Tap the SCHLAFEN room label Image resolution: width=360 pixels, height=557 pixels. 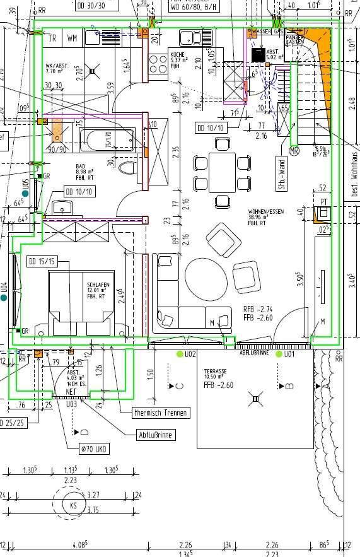coord(98,285)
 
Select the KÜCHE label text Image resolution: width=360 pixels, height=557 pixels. coord(176,56)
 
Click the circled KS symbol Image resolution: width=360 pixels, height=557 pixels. coord(74,506)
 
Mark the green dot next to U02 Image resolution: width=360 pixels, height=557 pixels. coord(180,355)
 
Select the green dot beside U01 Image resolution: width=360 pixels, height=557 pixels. coord(278,355)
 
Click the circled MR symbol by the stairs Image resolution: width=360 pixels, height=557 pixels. coord(293,151)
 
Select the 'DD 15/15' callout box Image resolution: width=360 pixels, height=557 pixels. coord(42,261)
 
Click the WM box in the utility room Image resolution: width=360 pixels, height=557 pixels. coord(73,38)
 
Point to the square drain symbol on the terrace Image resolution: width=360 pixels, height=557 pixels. coord(255,398)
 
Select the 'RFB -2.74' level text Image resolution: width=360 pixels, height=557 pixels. coord(258,309)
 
